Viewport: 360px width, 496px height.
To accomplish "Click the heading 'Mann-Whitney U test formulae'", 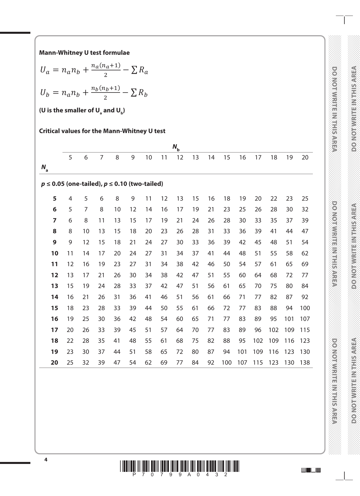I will (x=84, y=53).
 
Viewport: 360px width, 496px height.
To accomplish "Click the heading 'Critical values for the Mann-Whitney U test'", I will (x=102, y=131).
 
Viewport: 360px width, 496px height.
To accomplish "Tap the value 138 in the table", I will (x=305, y=363).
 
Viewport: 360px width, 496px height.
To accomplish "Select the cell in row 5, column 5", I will (x=70, y=199).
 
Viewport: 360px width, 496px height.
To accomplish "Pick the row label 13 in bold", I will (x=55, y=286).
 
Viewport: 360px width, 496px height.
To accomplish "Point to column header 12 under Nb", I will (x=180, y=157).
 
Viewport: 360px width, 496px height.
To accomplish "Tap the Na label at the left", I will (x=45, y=168).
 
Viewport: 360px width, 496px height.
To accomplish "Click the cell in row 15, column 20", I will (x=305, y=308).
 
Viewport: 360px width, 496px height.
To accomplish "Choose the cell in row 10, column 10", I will (x=148, y=253).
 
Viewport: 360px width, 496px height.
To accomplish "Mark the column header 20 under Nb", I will (x=305, y=157).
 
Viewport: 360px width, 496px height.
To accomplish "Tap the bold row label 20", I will (x=55, y=363).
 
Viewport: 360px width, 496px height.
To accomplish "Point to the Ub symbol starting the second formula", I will (x=45, y=93).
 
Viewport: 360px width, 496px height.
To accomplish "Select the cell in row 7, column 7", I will (x=101, y=220).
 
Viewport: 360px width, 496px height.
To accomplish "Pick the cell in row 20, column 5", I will (x=70, y=363).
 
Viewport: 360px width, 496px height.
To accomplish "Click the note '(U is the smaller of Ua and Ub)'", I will (x=82, y=111).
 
